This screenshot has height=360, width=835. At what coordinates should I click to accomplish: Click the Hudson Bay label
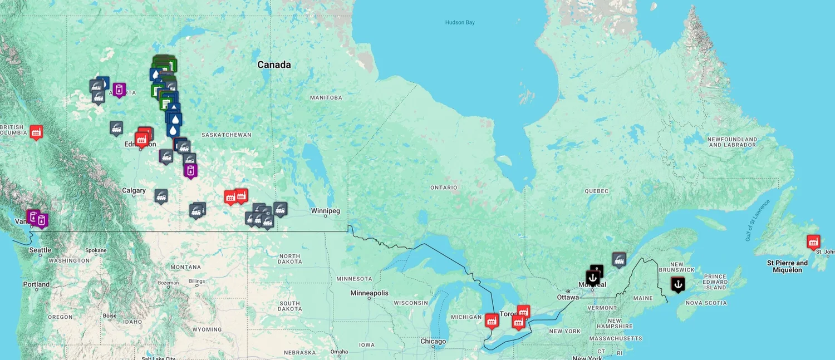pyautogui.click(x=460, y=22)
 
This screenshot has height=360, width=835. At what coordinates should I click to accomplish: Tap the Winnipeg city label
pyautogui.click(x=325, y=211)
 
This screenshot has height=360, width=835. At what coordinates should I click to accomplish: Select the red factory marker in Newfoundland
pyautogui.click(x=813, y=241)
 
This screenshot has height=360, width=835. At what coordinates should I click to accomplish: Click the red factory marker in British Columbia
pyautogui.click(x=36, y=132)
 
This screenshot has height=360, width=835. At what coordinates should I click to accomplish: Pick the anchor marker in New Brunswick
pyautogui.click(x=677, y=284)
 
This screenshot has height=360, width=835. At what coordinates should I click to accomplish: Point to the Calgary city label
pyautogui.click(x=134, y=191)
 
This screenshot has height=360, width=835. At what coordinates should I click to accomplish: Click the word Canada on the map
pyautogui.click(x=274, y=65)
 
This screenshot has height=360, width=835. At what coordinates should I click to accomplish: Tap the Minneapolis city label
pyautogui.click(x=369, y=293)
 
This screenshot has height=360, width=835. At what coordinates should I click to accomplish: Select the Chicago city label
pyautogui.click(x=433, y=342)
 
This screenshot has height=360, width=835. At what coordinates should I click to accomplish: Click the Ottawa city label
pyautogui.click(x=568, y=297)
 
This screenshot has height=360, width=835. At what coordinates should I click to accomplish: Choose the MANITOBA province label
pyautogui.click(x=326, y=98)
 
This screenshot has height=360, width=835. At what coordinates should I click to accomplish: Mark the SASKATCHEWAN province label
pyautogui.click(x=226, y=135)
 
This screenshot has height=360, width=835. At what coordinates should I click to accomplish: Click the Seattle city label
pyautogui.click(x=40, y=250)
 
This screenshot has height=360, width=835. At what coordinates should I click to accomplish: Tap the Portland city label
pyautogui.click(x=36, y=284)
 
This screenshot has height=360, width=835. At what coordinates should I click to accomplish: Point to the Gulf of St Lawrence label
pyautogui.click(x=757, y=220)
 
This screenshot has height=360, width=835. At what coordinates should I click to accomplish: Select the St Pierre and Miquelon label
pyautogui.click(x=787, y=267)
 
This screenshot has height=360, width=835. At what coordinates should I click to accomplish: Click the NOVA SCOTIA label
pyautogui.click(x=706, y=303)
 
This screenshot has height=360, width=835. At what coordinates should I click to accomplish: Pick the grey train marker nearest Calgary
pyautogui.click(x=161, y=196)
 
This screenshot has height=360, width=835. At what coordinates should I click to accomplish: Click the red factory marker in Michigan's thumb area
pyautogui.click(x=492, y=320)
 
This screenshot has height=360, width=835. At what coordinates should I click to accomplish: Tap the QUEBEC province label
pyautogui.click(x=596, y=191)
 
